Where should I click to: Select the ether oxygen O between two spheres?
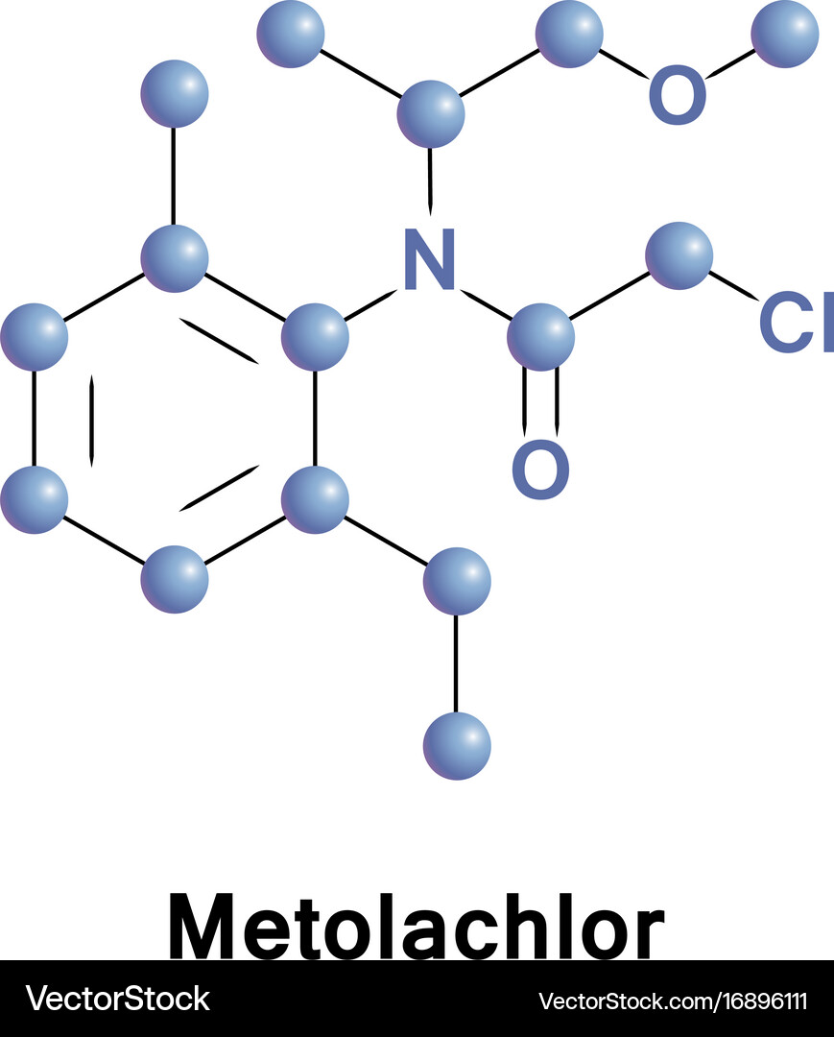click(678, 94)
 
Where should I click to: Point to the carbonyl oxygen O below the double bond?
click(540, 469)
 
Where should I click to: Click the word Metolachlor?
click(417, 926)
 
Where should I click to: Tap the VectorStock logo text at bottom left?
click(118, 999)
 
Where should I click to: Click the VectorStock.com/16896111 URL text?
click(673, 1001)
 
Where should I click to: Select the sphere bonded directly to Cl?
click(679, 256)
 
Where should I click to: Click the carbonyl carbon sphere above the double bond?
click(540, 337)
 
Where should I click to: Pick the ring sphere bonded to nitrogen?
click(315, 337)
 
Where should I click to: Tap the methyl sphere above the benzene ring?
click(175, 93)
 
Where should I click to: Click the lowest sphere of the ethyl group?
click(457, 746)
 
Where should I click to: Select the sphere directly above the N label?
click(431, 113)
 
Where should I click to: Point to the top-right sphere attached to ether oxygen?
click(785, 34)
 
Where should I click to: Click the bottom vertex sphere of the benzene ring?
click(175, 579)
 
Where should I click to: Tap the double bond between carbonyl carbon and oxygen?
click(541, 402)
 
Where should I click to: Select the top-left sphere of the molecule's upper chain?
click(291, 34)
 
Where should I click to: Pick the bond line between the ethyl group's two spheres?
click(456, 663)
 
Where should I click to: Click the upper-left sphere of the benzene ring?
click(34, 337)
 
